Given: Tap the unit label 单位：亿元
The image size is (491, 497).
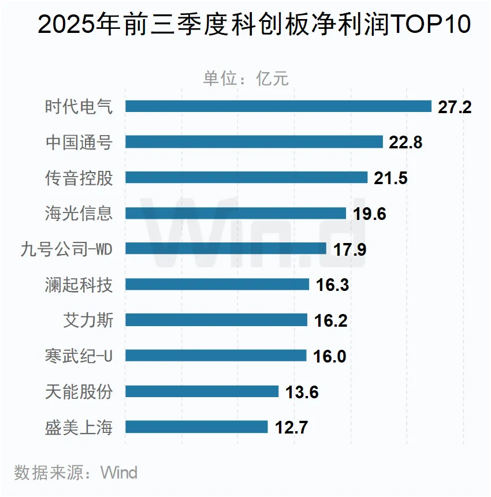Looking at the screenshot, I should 245,78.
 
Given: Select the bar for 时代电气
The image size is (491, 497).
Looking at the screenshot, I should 278,106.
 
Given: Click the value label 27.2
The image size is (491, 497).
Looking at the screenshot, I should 455,107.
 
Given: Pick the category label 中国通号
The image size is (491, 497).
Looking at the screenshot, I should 79,142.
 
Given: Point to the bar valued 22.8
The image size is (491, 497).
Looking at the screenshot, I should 254,142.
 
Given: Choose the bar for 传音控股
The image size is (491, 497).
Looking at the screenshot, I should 246,177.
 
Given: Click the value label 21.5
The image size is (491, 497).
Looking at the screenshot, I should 390,178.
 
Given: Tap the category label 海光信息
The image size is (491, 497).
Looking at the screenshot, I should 79,214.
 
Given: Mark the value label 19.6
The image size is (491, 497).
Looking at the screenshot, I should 369,214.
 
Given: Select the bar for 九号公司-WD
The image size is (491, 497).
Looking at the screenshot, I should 226,249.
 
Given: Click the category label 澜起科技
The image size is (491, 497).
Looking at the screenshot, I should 79,285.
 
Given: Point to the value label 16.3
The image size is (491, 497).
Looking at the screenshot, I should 333,285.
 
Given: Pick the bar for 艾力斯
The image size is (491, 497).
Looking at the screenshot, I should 216,320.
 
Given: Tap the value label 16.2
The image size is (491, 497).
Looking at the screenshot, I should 331,321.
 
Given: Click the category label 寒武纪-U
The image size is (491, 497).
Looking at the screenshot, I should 79,356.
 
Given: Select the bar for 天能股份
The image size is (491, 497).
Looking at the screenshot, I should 202,392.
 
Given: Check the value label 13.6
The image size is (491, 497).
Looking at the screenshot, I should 302,393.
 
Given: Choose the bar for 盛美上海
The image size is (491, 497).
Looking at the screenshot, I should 196,427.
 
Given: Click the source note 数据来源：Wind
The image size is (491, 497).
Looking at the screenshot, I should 76,473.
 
